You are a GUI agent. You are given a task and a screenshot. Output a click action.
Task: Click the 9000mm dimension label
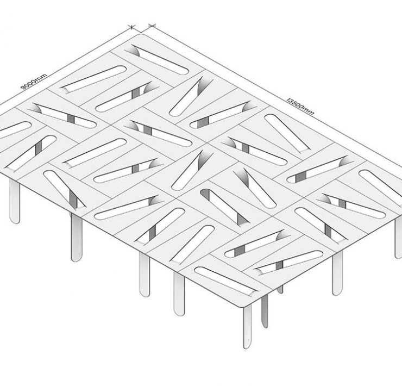(34, 82)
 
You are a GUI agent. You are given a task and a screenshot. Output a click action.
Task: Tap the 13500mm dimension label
(300, 106)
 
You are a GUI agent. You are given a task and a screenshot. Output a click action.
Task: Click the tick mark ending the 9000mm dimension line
(132, 27)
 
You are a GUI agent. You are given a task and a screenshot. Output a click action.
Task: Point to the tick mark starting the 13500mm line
(152, 25)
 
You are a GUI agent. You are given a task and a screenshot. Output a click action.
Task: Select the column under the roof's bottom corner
(247, 327)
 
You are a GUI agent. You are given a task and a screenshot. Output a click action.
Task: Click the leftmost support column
(14, 201)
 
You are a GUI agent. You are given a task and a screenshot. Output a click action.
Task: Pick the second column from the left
(77, 238)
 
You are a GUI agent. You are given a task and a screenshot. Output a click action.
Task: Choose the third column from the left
(145, 275)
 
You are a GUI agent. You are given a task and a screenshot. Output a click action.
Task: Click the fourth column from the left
(179, 294)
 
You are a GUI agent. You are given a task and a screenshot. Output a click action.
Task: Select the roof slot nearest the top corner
(157, 60)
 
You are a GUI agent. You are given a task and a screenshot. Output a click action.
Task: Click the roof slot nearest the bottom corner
(225, 282)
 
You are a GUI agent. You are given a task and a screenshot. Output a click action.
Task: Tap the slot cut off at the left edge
(14, 130)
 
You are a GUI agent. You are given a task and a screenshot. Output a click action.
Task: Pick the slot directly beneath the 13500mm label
(287, 133)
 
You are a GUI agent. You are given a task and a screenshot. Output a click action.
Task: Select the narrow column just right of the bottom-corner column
(265, 311)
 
